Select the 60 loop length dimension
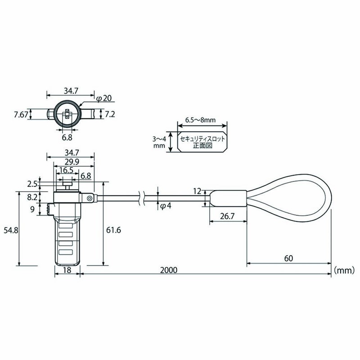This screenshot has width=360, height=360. pos(289,258)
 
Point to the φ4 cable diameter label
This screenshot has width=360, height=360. pos(166,206)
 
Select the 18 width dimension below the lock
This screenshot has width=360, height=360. pos(67,270)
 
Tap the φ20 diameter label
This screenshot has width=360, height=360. pos(104,99)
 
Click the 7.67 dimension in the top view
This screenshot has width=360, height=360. pos(21,114)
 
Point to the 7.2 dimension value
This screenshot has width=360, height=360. pos(110,114)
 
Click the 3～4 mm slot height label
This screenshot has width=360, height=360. pos(160,143)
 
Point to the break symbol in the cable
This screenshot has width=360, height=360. pos(142,198)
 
